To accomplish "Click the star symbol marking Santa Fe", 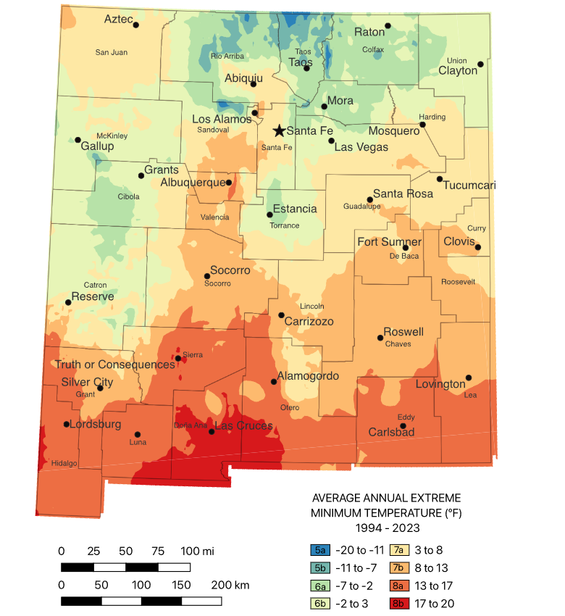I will pos(278,130).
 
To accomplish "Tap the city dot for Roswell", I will pos(380,337).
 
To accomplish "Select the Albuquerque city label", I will pos(193,182).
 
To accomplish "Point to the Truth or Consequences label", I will pos(115,365).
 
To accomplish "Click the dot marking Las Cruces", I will pos(212,431).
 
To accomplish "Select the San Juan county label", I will pos(112,52).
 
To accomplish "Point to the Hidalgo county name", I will pos(64,463).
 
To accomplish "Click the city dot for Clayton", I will pos(480,64).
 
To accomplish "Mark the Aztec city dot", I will pos(135,25).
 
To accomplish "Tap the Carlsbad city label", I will pos(391,432).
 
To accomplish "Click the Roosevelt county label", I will pos(458,281).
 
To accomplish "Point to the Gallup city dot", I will pos(78,140).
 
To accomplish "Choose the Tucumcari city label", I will pos(469,186).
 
